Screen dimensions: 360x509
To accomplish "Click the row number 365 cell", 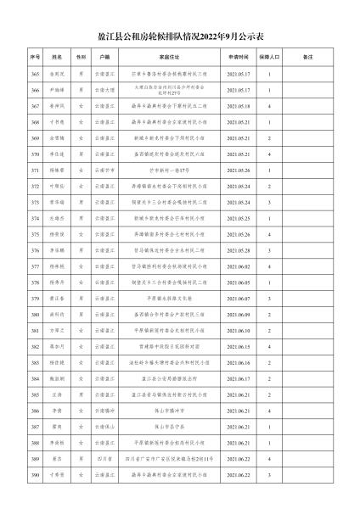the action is [x=36, y=74].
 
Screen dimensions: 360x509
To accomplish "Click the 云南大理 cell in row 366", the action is [x=104, y=90].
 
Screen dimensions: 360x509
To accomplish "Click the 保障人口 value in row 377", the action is [x=270, y=266].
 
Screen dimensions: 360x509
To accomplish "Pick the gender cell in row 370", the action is [x=81, y=154].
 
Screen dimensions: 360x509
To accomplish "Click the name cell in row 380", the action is [x=57, y=315].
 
